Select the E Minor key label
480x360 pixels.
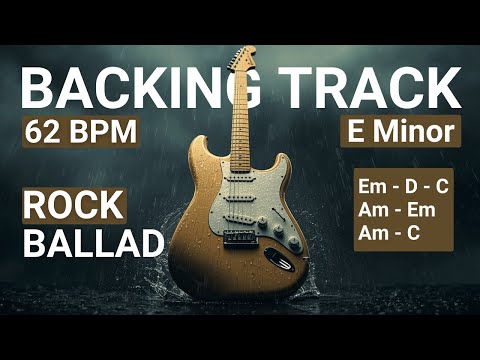[x=399, y=131]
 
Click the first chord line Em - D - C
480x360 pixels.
[x=403, y=187]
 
